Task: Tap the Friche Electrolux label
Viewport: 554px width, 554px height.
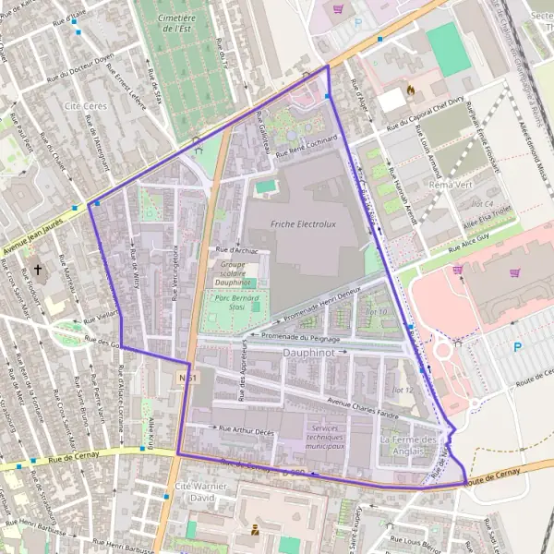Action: (x=302, y=223)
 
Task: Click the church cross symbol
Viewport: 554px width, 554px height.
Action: (x=38, y=271)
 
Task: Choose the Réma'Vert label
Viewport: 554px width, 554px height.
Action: (x=450, y=185)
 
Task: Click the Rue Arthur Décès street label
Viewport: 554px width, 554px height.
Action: (x=247, y=429)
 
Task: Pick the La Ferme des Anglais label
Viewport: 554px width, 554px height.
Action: (x=408, y=445)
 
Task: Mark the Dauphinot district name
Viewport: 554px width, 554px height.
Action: (x=312, y=352)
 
